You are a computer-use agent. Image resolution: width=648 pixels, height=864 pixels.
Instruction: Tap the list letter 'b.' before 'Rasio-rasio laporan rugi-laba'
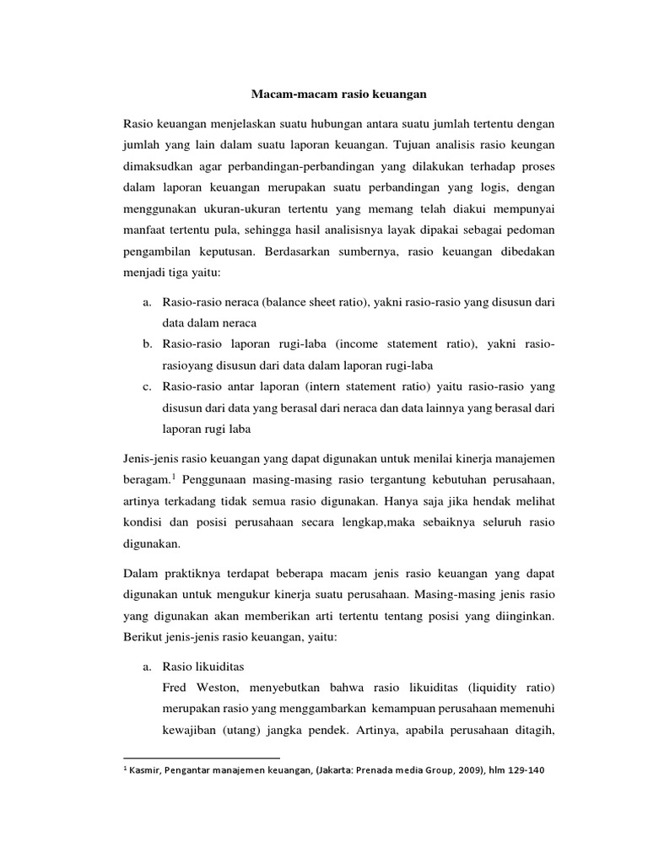click(x=147, y=346)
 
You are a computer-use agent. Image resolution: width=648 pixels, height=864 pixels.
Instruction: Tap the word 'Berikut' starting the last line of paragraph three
click(x=143, y=640)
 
